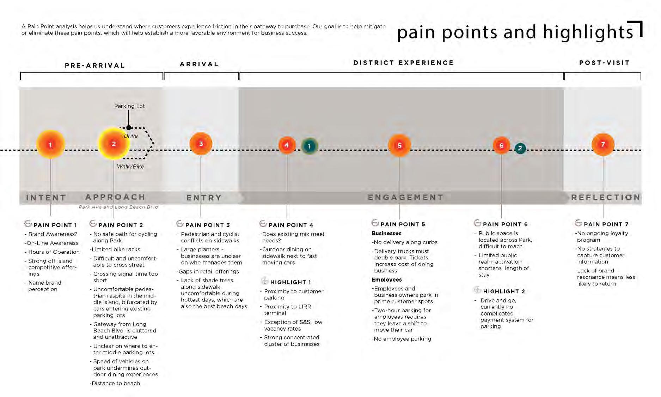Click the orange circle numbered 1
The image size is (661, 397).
pyautogui.click(x=50, y=144)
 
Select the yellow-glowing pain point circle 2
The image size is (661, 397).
pyautogui.click(x=114, y=144)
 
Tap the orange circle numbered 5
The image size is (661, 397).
pyautogui.click(x=399, y=145)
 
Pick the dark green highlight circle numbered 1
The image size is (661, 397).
pyautogui.click(x=310, y=146)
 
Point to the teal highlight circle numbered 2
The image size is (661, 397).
pyautogui.click(x=520, y=148)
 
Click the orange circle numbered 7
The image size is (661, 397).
pyautogui.click(x=603, y=144)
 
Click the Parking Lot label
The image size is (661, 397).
pyautogui.click(x=129, y=106)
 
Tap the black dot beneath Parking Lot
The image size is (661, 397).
pyautogui.click(x=129, y=128)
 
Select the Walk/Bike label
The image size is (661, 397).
pyautogui.click(x=130, y=167)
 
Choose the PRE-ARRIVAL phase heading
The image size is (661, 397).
pyautogui.click(x=95, y=65)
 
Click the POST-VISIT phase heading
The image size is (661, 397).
pyautogui.click(x=604, y=63)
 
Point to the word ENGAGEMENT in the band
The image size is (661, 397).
pyautogui.click(x=405, y=197)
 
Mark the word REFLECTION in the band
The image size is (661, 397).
pyautogui.click(x=605, y=197)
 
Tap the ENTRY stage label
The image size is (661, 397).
pyautogui.click(x=204, y=198)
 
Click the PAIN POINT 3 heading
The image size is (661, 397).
pyautogui.click(x=207, y=225)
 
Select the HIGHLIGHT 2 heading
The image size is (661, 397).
pyautogui.click(x=504, y=291)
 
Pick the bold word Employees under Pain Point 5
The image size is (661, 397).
pyautogui.click(x=386, y=279)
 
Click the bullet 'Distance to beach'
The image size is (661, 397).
pyautogui.click(x=115, y=383)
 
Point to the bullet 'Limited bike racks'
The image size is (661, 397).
pyautogui.click(x=116, y=249)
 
